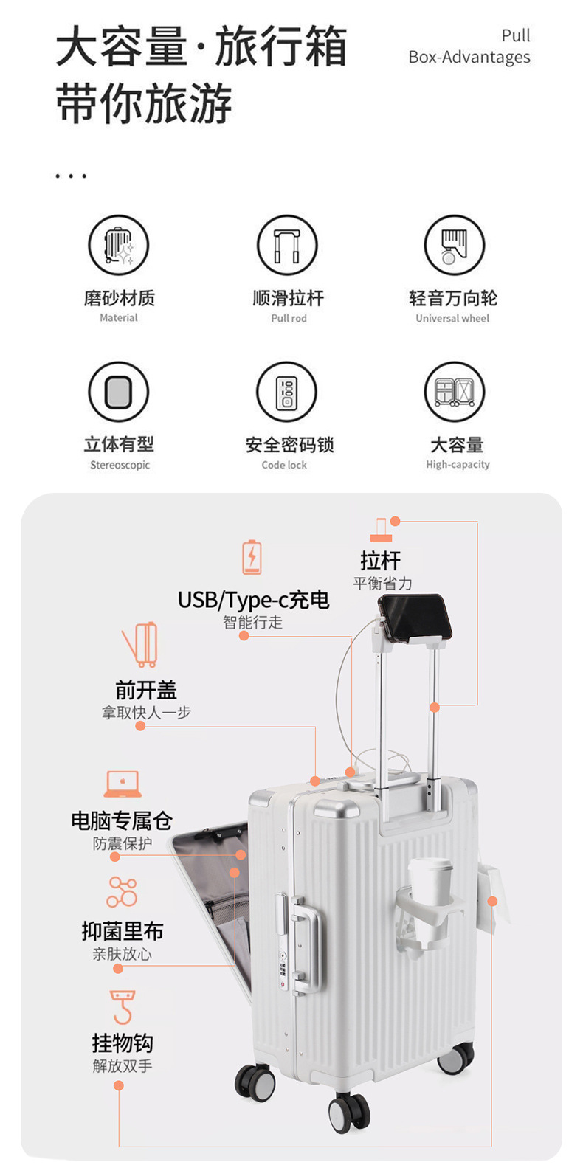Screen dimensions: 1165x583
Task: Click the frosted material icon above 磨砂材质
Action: (119, 245)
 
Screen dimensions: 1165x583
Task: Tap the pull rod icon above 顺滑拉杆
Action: (287, 245)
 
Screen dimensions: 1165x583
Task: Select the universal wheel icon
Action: (454, 245)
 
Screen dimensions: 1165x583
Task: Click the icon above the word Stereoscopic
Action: (119, 391)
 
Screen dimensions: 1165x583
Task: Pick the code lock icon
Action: (287, 391)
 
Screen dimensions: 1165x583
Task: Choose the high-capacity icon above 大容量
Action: (454, 391)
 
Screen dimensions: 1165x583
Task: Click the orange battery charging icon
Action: (252, 557)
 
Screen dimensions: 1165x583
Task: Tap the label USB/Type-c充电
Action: (253, 600)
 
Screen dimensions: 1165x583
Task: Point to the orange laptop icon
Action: (123, 784)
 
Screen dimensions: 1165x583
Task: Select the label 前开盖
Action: (146, 690)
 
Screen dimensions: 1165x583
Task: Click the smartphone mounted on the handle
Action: (413, 618)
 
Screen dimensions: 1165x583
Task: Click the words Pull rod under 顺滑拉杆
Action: (289, 318)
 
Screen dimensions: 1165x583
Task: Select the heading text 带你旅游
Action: (145, 104)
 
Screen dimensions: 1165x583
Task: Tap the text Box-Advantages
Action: (469, 57)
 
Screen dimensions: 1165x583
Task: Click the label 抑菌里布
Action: (123, 931)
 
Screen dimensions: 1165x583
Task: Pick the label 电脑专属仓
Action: (122, 820)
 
